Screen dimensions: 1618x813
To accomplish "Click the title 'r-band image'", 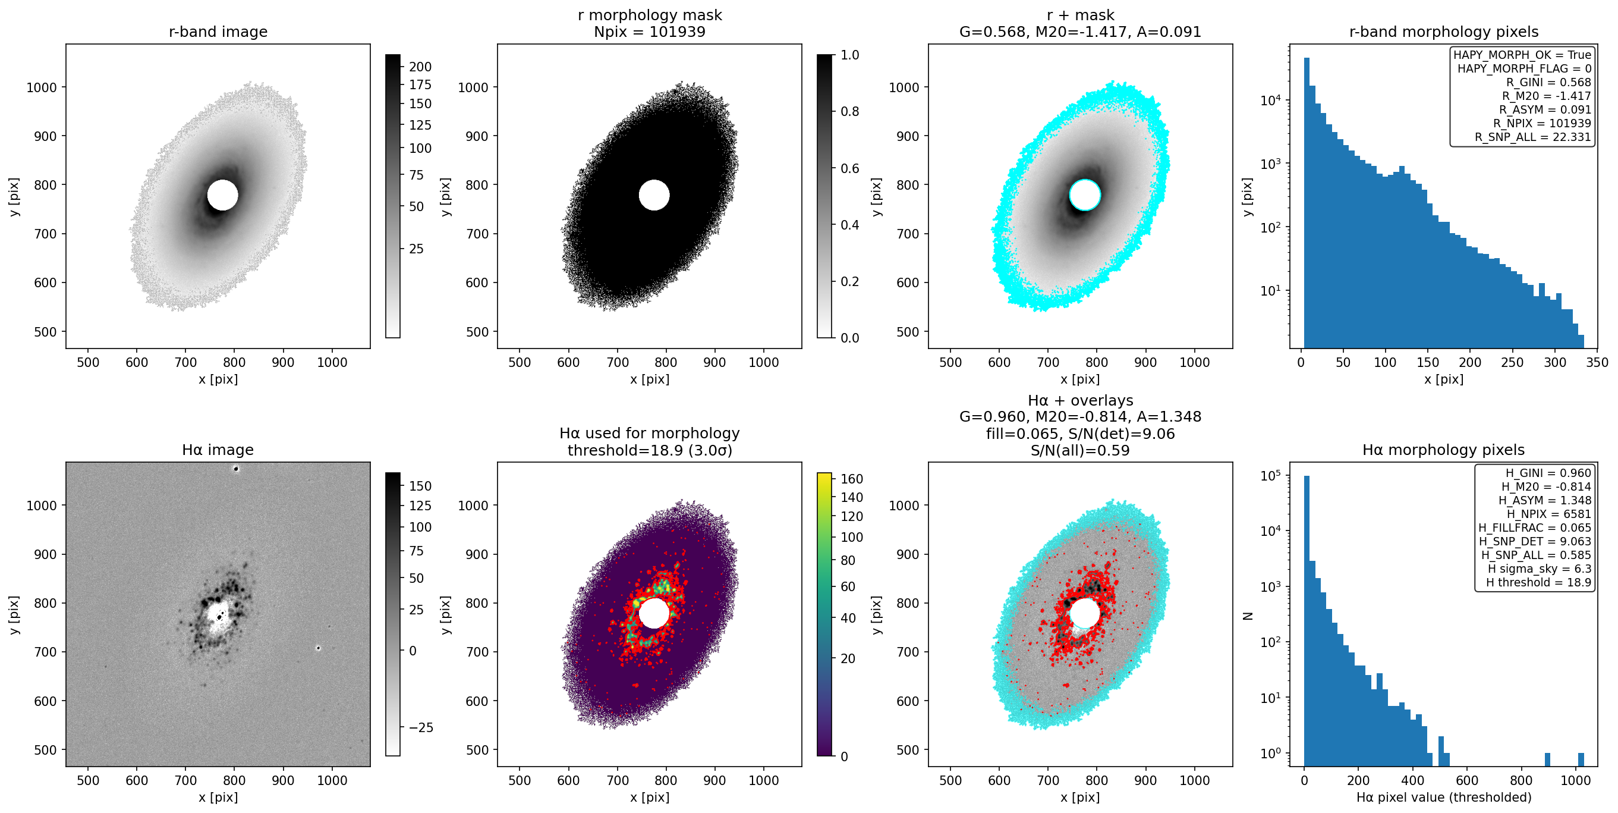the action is point(218,32).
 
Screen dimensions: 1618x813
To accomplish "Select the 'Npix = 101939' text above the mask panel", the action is point(650,32).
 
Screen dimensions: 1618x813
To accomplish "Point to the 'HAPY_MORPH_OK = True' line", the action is point(1522,55).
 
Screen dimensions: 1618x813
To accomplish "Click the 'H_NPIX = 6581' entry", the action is point(1549,514).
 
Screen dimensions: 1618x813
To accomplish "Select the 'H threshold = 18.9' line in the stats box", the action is point(1538,582).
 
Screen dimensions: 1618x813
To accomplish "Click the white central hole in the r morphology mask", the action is point(654,194).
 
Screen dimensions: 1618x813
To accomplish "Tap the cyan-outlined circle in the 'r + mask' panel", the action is point(1085,194).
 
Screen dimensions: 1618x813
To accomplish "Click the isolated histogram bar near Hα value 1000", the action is point(1581,759).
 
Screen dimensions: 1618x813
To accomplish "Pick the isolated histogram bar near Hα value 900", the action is point(1548,759).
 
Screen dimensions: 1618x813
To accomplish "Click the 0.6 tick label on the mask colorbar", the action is point(850,168).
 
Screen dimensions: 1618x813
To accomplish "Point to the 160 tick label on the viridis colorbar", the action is point(852,479).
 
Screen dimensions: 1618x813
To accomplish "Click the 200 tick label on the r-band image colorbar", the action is point(420,67).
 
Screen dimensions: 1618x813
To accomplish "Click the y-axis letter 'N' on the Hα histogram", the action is point(1248,616).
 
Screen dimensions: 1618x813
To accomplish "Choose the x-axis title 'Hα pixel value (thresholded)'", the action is point(1443,798).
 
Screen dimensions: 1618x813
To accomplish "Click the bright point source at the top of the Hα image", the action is point(236,469).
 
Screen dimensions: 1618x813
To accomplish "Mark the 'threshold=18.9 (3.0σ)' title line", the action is point(650,450).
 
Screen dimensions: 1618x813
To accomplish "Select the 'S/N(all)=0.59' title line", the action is point(1079,450).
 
